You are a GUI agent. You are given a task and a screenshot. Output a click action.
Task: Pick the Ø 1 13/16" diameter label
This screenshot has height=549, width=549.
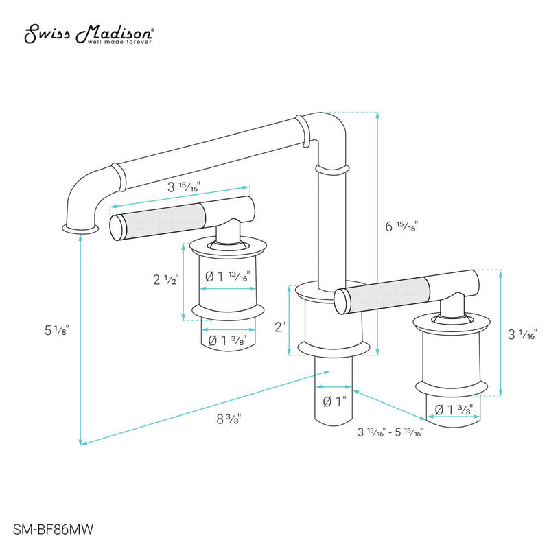(x=227, y=276)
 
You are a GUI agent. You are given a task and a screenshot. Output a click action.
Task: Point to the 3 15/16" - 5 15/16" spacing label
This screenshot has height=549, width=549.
(x=389, y=432)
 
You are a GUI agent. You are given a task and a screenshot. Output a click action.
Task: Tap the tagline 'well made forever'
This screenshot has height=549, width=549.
(x=121, y=41)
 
